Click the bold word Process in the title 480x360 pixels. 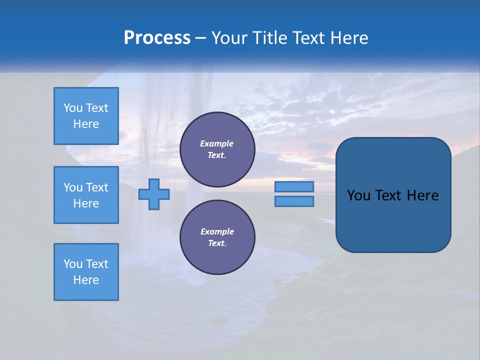tap(157, 38)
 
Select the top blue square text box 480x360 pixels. tap(86, 116)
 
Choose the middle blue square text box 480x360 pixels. tap(86, 195)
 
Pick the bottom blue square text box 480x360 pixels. tap(86, 272)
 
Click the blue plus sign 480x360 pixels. tap(154, 194)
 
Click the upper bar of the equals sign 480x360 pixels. tap(294, 186)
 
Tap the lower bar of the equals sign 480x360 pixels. tap(294, 201)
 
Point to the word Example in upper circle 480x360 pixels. tap(217, 143)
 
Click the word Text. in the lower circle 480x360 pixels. tap(217, 243)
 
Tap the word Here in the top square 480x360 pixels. tap(86, 124)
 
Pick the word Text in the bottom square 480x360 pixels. tap(97, 264)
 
